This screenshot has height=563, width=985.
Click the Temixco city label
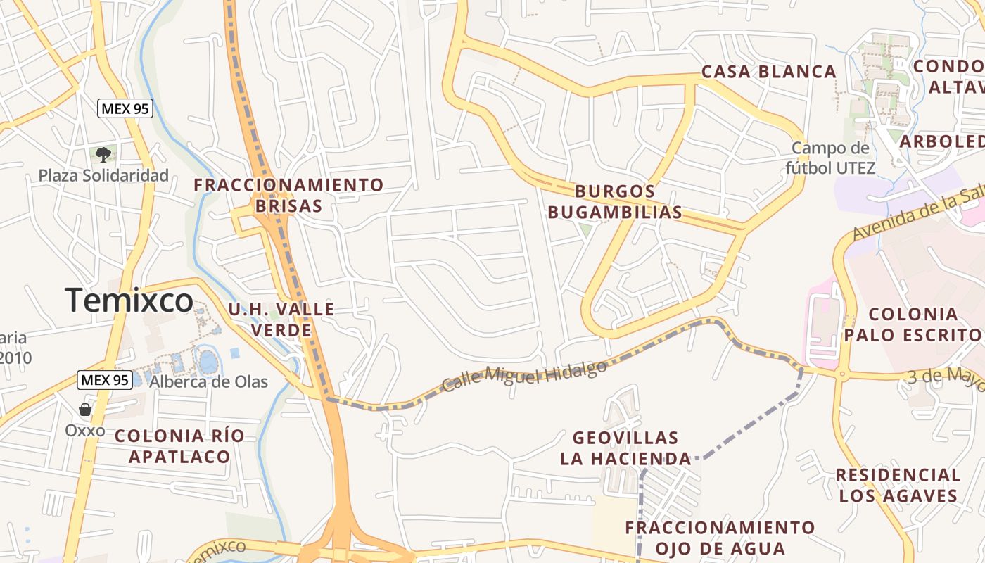129,301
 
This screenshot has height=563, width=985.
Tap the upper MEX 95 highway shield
125,108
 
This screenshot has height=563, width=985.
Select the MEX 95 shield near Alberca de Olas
105,380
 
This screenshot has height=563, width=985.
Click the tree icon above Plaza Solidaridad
103,154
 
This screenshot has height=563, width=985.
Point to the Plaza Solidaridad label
103,175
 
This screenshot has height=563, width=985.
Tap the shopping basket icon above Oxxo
85,410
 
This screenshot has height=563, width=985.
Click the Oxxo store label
85,430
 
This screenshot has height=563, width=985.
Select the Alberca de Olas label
208,381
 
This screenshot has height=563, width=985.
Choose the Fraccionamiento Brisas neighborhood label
288,195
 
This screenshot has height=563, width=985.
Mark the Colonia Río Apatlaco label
179,445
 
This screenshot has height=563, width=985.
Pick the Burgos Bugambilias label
615,201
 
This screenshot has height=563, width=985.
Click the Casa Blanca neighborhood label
769,72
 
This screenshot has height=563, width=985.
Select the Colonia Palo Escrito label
913,324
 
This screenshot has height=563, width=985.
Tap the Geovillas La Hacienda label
625,448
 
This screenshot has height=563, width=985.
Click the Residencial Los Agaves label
898,485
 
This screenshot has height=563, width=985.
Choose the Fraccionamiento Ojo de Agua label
720,538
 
